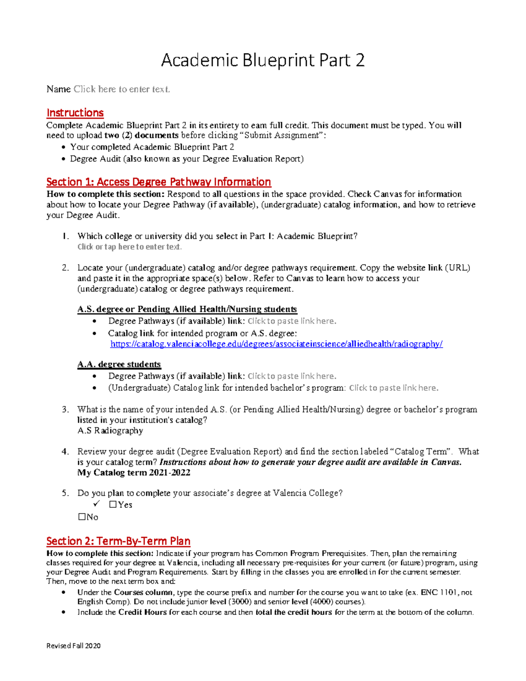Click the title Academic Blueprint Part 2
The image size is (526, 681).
click(x=263, y=60)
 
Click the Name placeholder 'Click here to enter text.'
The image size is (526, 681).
click(x=121, y=89)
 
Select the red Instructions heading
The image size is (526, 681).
click(x=75, y=113)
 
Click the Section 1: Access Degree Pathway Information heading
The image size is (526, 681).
click(x=159, y=182)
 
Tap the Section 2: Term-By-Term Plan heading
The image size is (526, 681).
click(x=118, y=541)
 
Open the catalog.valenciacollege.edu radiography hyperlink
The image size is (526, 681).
click(x=276, y=344)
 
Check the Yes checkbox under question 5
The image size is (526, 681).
click(x=113, y=505)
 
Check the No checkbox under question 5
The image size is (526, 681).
click(x=82, y=517)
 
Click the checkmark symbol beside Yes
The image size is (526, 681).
click(x=97, y=504)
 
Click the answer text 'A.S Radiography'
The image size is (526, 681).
click(x=110, y=431)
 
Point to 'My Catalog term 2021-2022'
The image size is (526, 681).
click(x=134, y=473)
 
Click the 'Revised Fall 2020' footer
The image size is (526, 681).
click(x=74, y=645)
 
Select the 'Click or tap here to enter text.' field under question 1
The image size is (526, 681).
click(x=129, y=247)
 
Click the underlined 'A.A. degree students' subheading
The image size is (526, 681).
click(x=119, y=364)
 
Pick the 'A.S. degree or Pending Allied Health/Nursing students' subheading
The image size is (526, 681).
click(x=187, y=309)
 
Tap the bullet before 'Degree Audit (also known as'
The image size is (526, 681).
click(x=64, y=159)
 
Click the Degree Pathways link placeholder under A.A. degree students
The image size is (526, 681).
click(x=292, y=376)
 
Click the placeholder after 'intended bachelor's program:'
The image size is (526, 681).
click(x=394, y=388)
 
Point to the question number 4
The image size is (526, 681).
click(x=65, y=452)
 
